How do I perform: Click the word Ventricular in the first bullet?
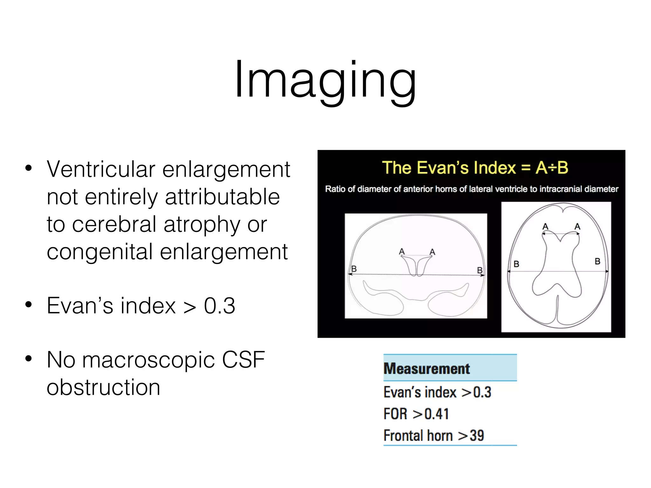[x=101, y=169]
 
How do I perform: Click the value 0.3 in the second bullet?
[x=219, y=306]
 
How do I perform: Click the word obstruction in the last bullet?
[x=103, y=388]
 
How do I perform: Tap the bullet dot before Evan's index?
[x=29, y=305]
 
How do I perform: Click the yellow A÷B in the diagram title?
[x=552, y=168]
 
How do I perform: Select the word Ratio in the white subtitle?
[x=335, y=189]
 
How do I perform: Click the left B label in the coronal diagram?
[x=354, y=269]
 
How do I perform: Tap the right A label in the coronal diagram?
[x=432, y=252]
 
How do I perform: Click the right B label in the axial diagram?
[x=598, y=261]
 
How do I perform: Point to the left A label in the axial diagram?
[x=545, y=226]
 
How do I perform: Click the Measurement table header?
[x=427, y=369]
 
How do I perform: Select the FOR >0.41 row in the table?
[x=416, y=414]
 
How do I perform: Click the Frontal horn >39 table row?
[x=434, y=436]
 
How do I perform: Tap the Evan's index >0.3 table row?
[x=437, y=392]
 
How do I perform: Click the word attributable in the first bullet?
[x=223, y=197]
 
